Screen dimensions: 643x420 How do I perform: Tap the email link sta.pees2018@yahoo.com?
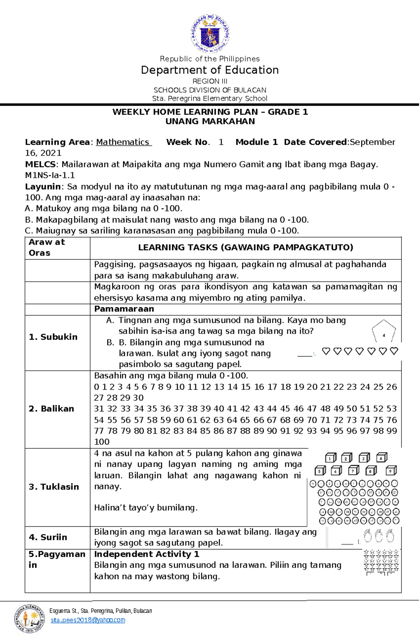[88, 620]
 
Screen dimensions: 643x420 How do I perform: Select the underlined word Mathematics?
[123, 142]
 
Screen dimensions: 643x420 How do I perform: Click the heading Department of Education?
[210, 70]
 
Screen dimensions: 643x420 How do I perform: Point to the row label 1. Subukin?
[53, 337]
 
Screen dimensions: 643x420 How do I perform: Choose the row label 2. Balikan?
[51, 409]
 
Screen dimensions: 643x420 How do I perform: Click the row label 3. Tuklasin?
[54, 487]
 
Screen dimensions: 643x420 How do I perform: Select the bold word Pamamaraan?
[124, 309]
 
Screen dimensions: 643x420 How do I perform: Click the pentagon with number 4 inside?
[384, 331]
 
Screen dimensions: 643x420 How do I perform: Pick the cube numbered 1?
[330, 458]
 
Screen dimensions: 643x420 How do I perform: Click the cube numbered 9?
[391, 471]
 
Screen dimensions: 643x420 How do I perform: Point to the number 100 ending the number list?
[102, 442]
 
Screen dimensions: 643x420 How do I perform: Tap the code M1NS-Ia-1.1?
[50, 175]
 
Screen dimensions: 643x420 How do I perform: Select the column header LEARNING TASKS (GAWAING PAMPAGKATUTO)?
[245, 247]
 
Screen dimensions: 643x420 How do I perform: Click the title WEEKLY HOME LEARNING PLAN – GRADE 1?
[210, 112]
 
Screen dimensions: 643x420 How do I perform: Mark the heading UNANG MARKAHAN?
[210, 121]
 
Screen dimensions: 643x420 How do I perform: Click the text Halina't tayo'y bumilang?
[146, 508]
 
